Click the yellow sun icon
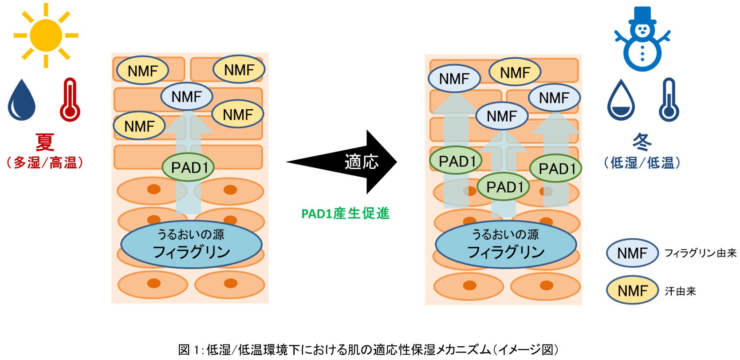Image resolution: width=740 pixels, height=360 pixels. point(46,36)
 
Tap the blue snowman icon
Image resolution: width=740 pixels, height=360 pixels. point(642,40)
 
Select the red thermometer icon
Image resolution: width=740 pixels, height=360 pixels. point(70,100)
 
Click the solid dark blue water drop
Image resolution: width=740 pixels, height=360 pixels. point(21,100)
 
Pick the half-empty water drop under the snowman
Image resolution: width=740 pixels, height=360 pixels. point(621,100)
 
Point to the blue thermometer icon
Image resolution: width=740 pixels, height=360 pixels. point(669,100)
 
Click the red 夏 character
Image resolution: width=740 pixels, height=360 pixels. point(45,142)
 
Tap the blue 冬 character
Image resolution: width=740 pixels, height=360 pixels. point(642,142)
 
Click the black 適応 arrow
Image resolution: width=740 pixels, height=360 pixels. point(342,162)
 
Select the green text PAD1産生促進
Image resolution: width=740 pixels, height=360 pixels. point(346,214)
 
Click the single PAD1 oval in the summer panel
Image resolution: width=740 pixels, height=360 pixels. point(188,167)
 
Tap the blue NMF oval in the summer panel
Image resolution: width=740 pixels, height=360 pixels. point(187,96)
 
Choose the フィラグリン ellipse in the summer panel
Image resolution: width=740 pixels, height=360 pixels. point(191,244)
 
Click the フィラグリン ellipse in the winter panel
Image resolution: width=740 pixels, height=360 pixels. point(506,244)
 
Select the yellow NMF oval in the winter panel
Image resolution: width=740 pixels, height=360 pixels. point(515,72)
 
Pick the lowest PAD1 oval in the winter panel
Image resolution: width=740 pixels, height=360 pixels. point(504,187)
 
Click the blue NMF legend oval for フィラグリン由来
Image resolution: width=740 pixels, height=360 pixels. point(632,253)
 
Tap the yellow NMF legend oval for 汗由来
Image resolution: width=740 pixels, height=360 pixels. point(632,291)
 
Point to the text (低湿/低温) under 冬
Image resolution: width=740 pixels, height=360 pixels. point(642,163)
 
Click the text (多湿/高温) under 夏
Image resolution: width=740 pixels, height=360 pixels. point(45,163)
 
